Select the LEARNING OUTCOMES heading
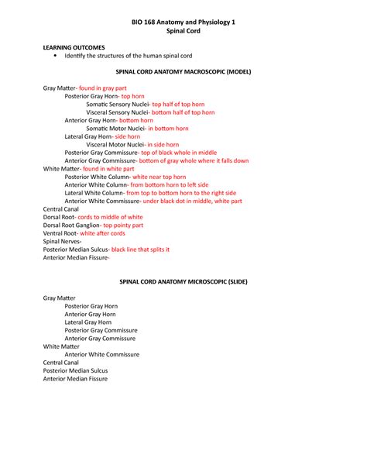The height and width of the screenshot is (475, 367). (x=74, y=47)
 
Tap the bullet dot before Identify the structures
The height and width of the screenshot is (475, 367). (x=55, y=57)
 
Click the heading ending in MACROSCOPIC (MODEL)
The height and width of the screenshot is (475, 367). (x=183, y=71)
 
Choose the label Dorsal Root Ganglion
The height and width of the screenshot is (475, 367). (x=71, y=225)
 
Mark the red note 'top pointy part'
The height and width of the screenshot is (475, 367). (x=129, y=225)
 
